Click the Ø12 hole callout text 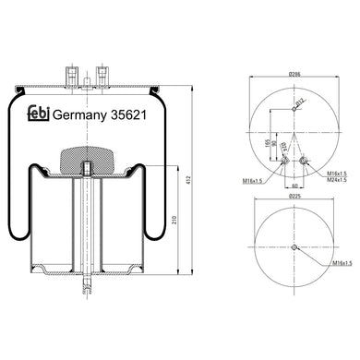coord(300,103)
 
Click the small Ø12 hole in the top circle coord(294,108)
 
